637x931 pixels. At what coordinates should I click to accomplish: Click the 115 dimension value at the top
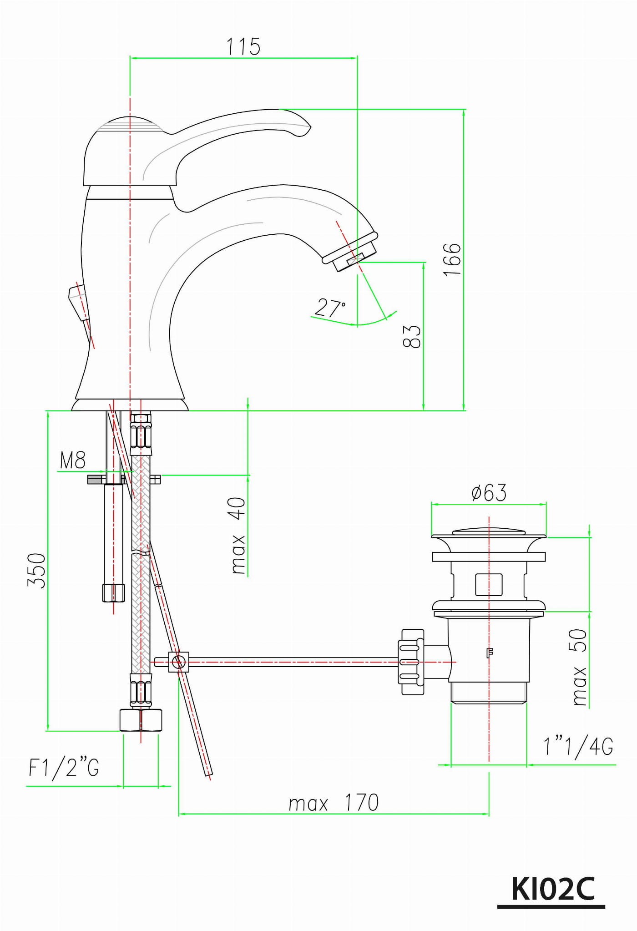(243, 47)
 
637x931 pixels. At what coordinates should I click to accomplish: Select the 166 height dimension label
(452, 259)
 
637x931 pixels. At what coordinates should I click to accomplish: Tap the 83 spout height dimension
(412, 336)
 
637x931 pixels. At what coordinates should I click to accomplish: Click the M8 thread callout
(73, 460)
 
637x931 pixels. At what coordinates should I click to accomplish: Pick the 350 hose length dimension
(37, 571)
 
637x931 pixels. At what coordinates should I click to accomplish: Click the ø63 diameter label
(489, 493)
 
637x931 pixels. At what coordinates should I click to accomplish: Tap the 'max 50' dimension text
(579, 667)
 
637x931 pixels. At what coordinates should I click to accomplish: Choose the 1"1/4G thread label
(578, 747)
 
